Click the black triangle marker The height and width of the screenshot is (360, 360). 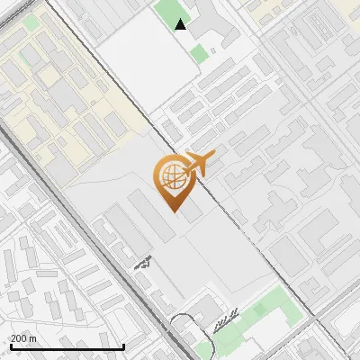[x=181, y=24]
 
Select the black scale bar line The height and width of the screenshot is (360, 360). [x=67, y=347]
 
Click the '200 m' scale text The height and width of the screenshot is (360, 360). [x=24, y=338]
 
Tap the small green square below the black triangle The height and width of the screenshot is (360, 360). [x=199, y=53]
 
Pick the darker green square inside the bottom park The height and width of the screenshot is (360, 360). [x=260, y=310]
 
